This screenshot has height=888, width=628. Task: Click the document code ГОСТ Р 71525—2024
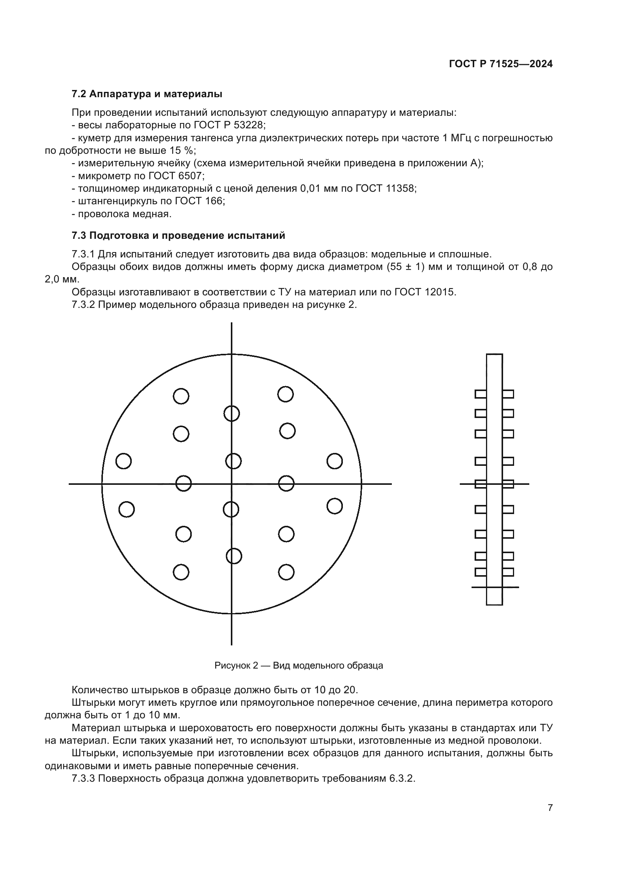coord(501,64)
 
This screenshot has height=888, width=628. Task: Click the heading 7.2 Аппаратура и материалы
coord(147,94)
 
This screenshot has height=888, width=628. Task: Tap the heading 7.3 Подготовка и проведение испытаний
coord(178,235)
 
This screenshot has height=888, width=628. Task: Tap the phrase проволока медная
coord(125,214)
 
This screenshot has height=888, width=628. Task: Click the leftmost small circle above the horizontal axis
coord(124,461)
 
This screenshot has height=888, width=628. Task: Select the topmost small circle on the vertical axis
coord(232,413)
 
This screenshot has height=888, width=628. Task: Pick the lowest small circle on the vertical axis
coord(234,556)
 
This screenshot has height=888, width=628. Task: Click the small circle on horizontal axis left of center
coord(183,483)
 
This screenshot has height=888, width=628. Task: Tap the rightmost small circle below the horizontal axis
coord(335,506)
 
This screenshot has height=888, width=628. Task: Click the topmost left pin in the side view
coord(481,394)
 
